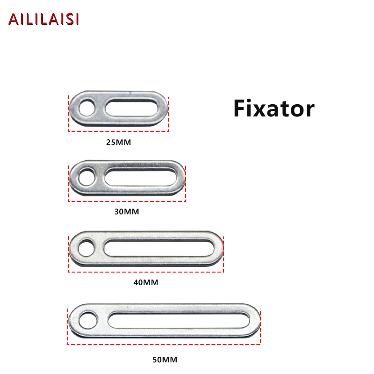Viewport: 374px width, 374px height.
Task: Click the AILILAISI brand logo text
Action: tap(43, 19)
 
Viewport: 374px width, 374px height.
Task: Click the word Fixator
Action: tap(273, 108)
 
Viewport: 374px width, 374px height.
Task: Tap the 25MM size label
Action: tap(118, 142)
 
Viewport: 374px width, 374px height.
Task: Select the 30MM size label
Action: tap(127, 211)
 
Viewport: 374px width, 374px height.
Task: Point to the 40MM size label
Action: tap(146, 282)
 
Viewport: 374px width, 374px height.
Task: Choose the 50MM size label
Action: tap(165, 360)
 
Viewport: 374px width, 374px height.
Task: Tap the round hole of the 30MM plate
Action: tap(86, 178)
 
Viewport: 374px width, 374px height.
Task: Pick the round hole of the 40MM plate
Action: tap(86, 247)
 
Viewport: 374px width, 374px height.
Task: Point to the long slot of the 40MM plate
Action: tap(157, 247)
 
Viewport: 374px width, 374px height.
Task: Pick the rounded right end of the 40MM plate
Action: tap(218, 248)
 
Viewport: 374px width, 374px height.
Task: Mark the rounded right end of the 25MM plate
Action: tap(162, 108)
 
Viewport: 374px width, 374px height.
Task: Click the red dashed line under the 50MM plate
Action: tap(164, 345)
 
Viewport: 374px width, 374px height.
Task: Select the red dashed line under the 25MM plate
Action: tap(118, 131)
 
